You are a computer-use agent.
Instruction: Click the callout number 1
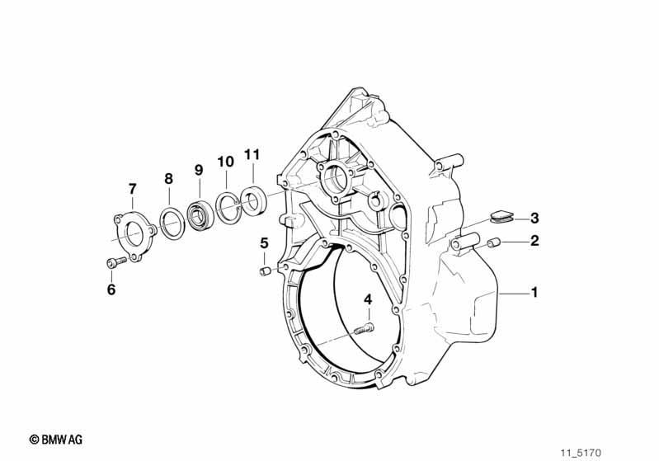point(534,292)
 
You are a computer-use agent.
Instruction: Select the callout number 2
point(534,241)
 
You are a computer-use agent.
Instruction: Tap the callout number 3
point(534,218)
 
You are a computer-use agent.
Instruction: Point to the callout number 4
point(368,299)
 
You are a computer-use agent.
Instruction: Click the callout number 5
point(264,243)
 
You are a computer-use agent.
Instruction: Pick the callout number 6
point(111,289)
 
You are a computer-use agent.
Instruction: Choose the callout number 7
point(133,189)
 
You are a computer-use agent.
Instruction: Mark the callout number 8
point(168,179)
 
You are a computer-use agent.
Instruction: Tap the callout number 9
point(199,170)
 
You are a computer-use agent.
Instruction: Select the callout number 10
point(225,162)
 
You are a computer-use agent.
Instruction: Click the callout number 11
point(252,155)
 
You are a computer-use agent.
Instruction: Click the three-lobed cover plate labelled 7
point(134,237)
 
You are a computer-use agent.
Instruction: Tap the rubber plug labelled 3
point(501,216)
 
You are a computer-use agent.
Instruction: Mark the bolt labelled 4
point(363,328)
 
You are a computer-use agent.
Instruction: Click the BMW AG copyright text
point(56,440)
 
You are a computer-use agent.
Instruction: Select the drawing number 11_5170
point(581,453)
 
